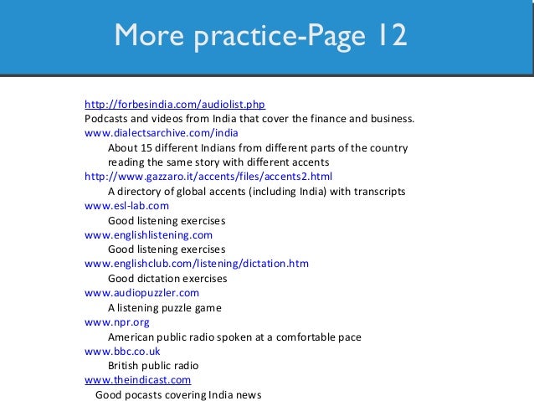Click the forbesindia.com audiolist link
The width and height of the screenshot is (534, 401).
click(175, 105)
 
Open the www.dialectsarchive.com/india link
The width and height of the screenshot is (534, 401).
click(162, 132)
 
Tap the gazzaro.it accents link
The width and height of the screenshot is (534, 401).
click(208, 177)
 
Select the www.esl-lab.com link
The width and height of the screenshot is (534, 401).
click(126, 206)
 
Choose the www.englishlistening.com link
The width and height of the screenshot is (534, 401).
click(148, 235)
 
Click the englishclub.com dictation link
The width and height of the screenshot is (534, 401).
click(197, 264)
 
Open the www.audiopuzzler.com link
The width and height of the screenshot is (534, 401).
click(141, 293)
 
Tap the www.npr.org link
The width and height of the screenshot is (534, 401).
click(118, 322)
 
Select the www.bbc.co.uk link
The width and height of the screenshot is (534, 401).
click(122, 352)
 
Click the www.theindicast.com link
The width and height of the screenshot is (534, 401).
click(138, 380)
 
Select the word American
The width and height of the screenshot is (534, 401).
click(131, 337)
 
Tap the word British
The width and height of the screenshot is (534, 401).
click(124, 366)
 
